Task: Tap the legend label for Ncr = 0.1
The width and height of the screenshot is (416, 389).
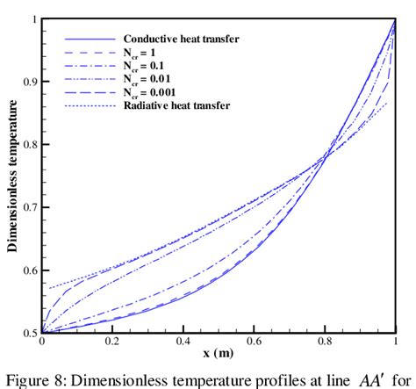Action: coord(147,67)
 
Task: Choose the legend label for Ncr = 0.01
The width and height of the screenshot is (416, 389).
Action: coord(149,79)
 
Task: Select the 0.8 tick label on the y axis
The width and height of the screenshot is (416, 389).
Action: coord(30,144)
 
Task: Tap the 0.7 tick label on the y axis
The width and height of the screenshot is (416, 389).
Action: coord(30,207)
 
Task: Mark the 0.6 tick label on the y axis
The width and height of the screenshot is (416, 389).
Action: coord(30,270)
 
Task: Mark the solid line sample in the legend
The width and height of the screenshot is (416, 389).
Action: coord(90,40)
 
